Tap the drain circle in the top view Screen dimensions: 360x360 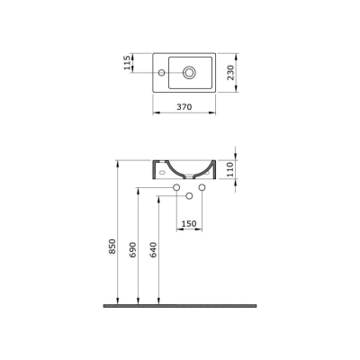[191, 70]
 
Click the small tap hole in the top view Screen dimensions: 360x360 [162, 70]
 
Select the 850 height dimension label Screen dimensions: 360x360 [112, 245]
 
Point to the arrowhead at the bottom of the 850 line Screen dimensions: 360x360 [120, 301]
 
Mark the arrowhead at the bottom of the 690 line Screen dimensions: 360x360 [138, 301]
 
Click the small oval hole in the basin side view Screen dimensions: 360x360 [160, 168]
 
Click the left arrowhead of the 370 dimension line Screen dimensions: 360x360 [151, 115]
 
